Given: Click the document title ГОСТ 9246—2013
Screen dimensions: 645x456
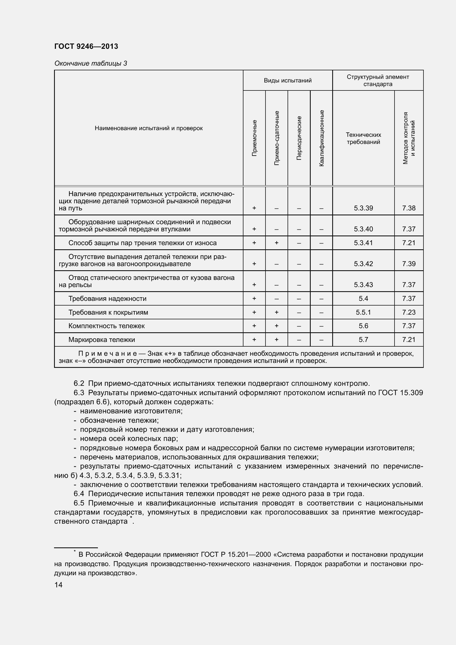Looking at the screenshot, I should point(86,46).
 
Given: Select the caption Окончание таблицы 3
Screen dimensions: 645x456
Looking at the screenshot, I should point(90,63).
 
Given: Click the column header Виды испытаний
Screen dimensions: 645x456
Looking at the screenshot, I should point(288,81).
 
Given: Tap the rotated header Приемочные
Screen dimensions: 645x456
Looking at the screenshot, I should point(254,138).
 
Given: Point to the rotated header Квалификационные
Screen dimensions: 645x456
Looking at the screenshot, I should point(321,138).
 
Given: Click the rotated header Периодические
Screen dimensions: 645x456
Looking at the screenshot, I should point(299,138).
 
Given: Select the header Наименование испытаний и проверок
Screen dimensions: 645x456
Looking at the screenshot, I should point(149,129).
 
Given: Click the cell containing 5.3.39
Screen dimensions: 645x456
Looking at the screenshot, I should point(363,208).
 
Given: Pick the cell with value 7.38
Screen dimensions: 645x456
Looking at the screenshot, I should point(409,208).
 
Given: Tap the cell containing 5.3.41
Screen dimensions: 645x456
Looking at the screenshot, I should point(363,243).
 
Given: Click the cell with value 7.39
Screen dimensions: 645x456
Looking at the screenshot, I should point(409,264).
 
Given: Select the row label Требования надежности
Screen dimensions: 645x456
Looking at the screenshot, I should point(107,299).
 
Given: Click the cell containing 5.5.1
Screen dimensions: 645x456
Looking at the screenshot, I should point(363,312).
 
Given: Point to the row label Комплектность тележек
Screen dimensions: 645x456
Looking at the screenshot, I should point(106,326).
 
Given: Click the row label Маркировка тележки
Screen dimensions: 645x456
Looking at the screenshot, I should point(102,340).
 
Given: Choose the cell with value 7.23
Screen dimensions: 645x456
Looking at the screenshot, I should point(409,312).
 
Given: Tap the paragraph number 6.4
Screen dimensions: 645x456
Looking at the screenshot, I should point(79,494).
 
